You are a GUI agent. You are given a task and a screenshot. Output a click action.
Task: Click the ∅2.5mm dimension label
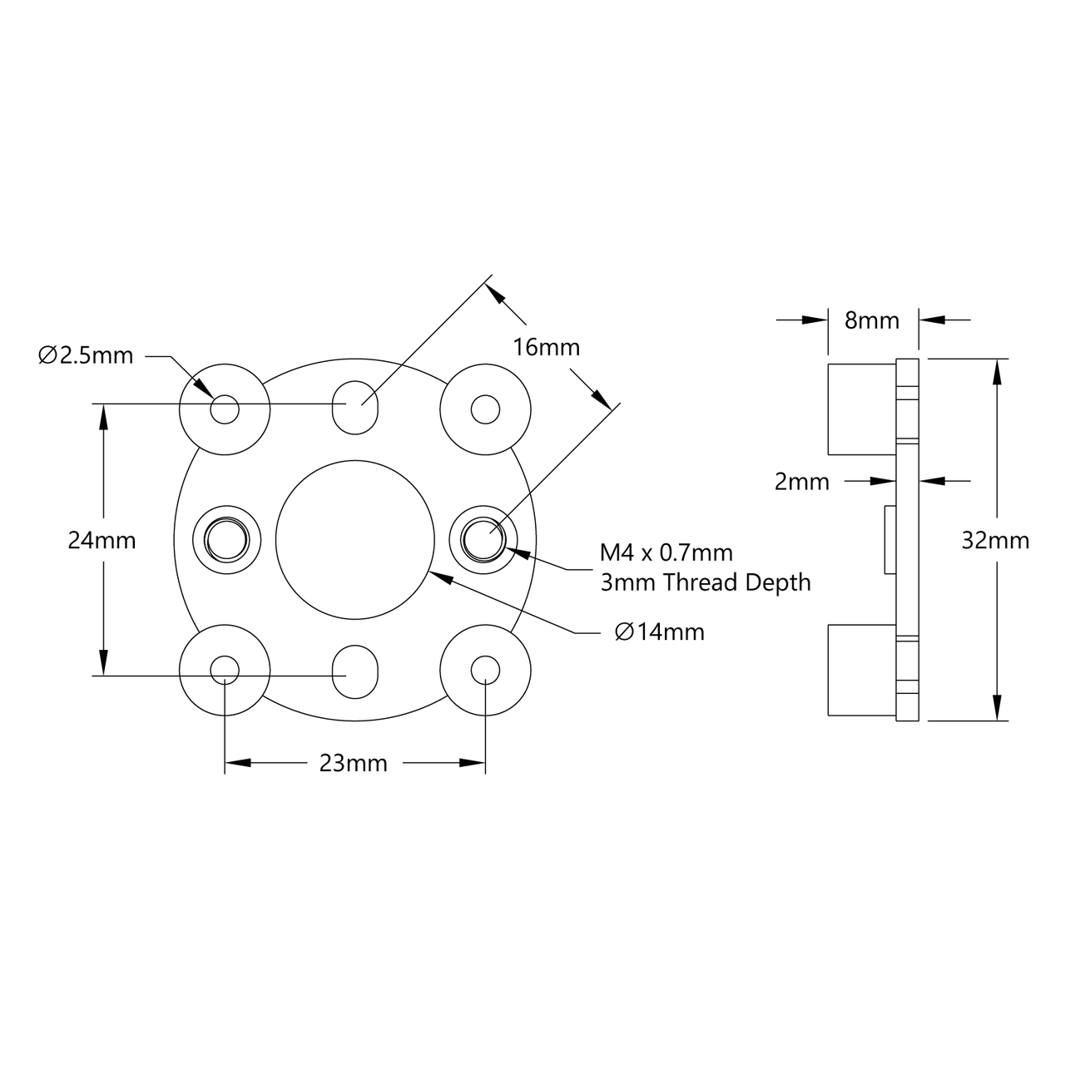(x=86, y=355)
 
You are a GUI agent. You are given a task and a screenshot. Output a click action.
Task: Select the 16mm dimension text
(x=546, y=347)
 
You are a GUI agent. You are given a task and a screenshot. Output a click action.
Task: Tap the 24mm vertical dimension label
(x=102, y=540)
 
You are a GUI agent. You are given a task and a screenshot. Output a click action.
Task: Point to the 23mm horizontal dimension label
(x=354, y=763)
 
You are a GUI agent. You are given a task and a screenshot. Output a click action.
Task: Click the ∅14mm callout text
(x=659, y=632)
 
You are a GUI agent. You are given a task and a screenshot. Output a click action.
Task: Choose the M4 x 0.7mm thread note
(x=666, y=552)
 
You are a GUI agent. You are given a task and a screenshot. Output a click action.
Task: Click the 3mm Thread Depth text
(x=706, y=582)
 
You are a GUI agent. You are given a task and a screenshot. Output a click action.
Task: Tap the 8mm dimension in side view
(x=872, y=320)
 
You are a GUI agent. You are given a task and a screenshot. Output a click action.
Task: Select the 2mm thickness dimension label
(x=801, y=481)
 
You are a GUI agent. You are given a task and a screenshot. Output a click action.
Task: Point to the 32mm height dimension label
(x=995, y=540)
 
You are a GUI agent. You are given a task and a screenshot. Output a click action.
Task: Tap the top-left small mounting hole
(x=225, y=409)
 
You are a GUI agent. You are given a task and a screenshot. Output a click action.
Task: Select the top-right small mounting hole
(x=485, y=409)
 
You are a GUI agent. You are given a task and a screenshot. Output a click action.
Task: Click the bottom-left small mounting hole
(x=225, y=670)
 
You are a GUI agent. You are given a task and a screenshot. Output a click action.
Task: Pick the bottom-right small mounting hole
(x=485, y=670)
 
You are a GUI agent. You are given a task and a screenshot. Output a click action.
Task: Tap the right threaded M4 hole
(x=484, y=539)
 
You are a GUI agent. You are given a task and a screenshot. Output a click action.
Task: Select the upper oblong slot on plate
(x=355, y=406)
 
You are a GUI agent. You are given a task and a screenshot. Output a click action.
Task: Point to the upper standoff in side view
(x=861, y=409)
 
